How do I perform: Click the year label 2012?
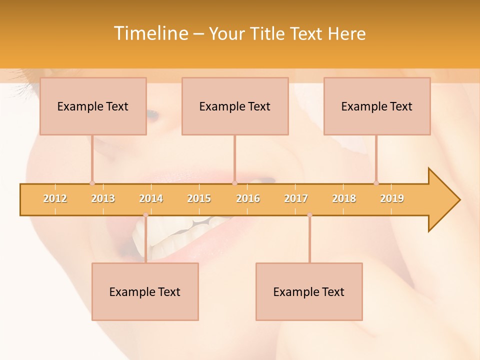(55, 198)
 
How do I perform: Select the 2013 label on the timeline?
(103, 198)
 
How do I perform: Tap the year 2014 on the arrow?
(151, 198)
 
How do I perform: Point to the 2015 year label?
(199, 198)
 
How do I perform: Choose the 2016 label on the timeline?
(248, 198)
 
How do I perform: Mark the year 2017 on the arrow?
(296, 198)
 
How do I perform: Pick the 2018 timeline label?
(344, 198)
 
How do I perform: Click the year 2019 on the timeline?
(392, 198)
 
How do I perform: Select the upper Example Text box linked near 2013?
(93, 106)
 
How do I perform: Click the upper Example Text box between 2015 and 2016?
(235, 106)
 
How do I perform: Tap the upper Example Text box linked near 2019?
(377, 106)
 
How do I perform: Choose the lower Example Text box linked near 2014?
(145, 291)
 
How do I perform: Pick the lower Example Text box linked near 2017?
(309, 291)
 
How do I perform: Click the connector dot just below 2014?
(145, 215)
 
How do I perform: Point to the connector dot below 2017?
(309, 215)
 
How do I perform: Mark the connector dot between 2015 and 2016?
(234, 183)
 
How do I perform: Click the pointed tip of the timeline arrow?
(458, 200)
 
